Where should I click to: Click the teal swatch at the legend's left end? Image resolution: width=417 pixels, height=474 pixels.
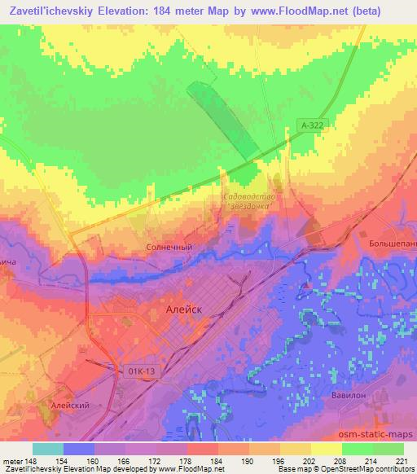point(48,449)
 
